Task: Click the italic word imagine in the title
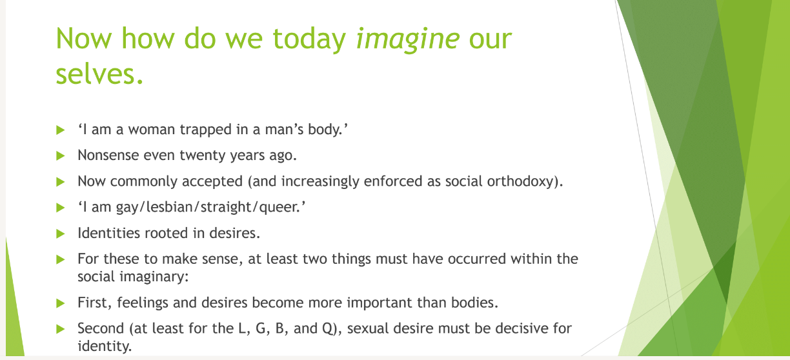[x=408, y=39]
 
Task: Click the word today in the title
[x=309, y=39]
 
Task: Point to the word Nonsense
[x=108, y=155]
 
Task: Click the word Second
[x=101, y=328]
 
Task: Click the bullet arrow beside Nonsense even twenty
[x=60, y=155]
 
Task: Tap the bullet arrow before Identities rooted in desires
[x=60, y=234]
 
